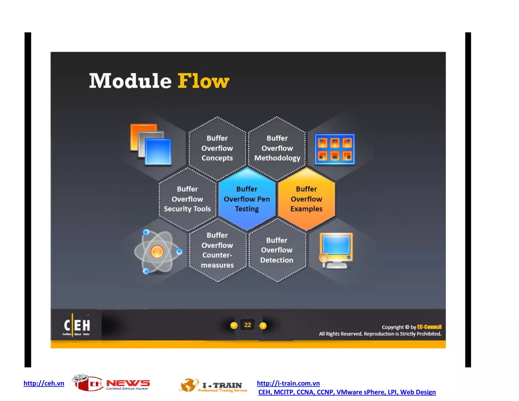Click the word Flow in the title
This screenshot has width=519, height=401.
(x=203, y=81)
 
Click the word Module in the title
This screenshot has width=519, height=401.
(x=131, y=81)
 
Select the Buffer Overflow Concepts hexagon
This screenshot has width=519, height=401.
(x=217, y=148)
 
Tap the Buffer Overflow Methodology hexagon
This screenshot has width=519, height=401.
(x=277, y=148)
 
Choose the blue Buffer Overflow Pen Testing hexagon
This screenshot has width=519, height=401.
(x=247, y=199)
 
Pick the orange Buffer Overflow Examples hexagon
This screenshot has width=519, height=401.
(x=306, y=199)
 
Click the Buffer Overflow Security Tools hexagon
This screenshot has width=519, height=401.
(x=187, y=199)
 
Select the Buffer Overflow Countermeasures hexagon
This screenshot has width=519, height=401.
(x=217, y=250)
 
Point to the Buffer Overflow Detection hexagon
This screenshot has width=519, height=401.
(x=277, y=250)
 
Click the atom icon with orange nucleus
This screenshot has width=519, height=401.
(x=157, y=252)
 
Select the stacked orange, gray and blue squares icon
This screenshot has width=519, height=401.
(x=151, y=145)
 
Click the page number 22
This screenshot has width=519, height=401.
(x=248, y=325)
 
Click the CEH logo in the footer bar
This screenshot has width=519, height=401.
(x=77, y=325)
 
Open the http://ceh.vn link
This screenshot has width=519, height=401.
(x=44, y=383)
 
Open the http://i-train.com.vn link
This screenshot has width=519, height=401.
(x=288, y=383)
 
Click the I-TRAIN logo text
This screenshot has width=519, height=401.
(x=222, y=386)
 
